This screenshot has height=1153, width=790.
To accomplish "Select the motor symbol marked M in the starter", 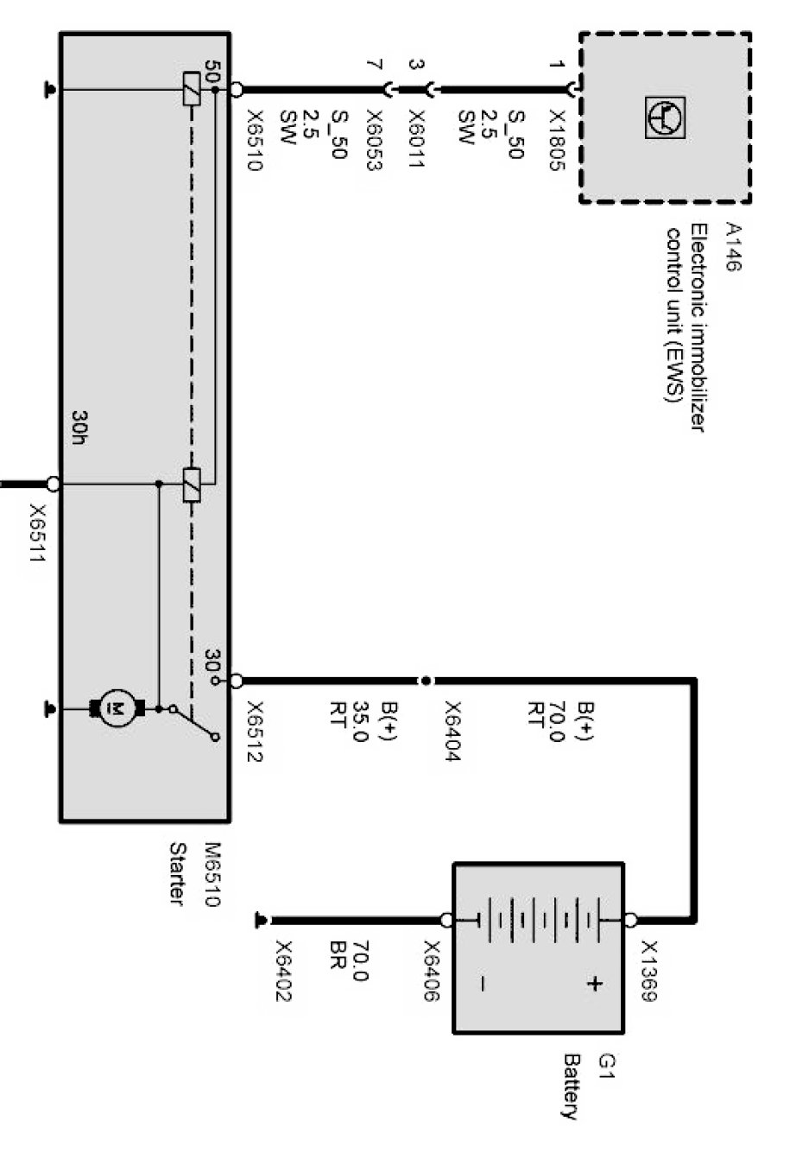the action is pyautogui.click(x=113, y=709).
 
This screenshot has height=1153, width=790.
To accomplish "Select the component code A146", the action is pyautogui.click(x=733, y=247).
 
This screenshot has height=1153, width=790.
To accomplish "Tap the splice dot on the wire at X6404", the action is pyautogui.click(x=425, y=681).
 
